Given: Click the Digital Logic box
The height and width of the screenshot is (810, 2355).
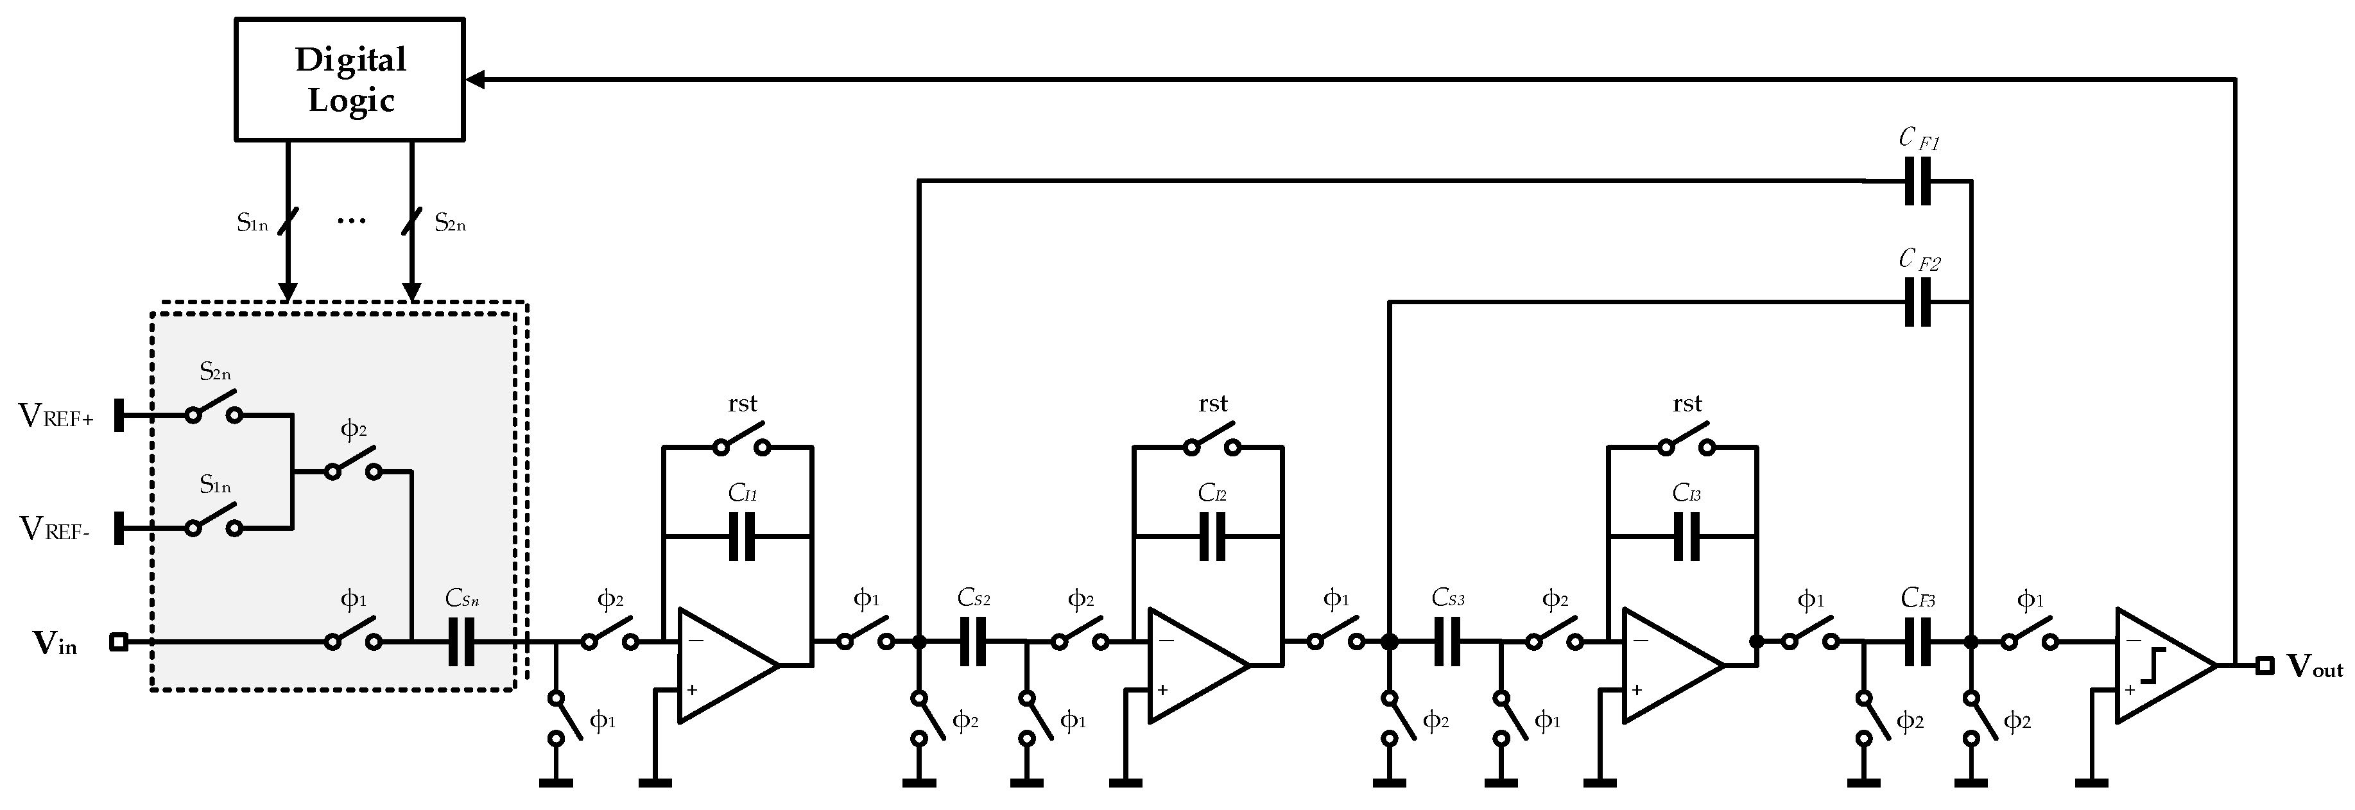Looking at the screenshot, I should pyautogui.click(x=350, y=80).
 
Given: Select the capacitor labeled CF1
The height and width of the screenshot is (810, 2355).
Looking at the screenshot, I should pyautogui.click(x=1917, y=181).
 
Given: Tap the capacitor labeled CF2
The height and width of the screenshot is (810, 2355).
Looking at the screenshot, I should pyautogui.click(x=1917, y=302).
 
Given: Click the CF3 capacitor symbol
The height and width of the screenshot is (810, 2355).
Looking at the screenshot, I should pyautogui.click(x=1917, y=642).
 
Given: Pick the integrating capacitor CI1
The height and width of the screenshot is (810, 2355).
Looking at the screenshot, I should pyautogui.click(x=743, y=536).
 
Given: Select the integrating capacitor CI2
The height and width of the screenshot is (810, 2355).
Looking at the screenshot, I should pyautogui.click(x=1212, y=536).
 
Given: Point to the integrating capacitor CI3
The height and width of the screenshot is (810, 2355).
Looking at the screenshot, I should pyautogui.click(x=1687, y=536).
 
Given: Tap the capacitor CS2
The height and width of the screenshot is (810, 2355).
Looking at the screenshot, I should pyautogui.click(x=972, y=642).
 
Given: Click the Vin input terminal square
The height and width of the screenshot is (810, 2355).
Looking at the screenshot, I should pyautogui.click(x=118, y=642).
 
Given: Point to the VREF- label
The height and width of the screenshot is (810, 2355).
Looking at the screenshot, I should pyautogui.click(x=54, y=530).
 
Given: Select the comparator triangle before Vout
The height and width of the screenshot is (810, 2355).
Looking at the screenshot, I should pyautogui.click(x=2161, y=665).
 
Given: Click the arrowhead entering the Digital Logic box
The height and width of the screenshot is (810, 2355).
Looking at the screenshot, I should pyautogui.click(x=476, y=80).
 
